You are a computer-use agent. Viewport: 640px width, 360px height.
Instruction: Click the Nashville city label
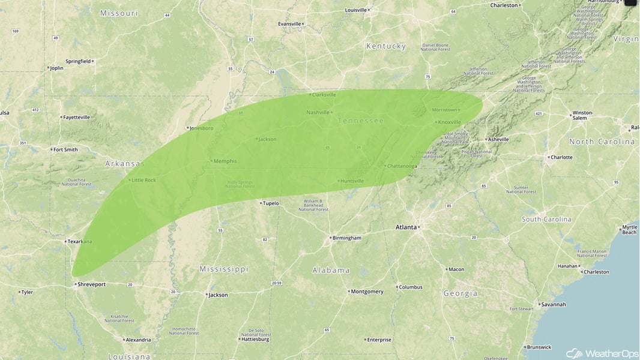pos(318,112)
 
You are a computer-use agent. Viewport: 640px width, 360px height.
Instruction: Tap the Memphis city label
pos(225,161)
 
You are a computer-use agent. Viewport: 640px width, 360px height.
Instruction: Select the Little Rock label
pos(144,180)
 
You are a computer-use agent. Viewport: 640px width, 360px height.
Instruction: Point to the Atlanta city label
pos(406,227)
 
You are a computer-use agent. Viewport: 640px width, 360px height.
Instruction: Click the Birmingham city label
pos(348,238)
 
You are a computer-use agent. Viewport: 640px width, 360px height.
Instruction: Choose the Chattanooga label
pos(402,166)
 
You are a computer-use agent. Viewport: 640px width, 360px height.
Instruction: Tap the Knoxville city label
pos(449,122)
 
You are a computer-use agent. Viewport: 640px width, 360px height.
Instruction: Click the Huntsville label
pos(352,181)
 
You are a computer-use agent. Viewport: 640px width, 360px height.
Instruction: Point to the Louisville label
pos(355,10)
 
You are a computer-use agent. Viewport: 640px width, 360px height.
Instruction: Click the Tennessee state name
pos(360,121)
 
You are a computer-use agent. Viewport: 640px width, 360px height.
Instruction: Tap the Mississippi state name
pos(224,269)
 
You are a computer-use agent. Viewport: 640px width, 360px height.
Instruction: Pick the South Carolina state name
pos(546,220)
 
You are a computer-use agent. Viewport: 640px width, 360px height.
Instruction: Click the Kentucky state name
pos(386,46)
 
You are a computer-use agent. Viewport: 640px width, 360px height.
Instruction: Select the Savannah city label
pos(553,304)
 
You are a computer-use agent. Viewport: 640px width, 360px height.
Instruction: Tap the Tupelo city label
pos(270,203)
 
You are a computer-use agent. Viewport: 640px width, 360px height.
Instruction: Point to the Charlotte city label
pos(561,157)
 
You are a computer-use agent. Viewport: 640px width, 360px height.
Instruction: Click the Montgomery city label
pos(367,292)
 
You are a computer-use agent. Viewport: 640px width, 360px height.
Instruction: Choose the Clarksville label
pos(324,95)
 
